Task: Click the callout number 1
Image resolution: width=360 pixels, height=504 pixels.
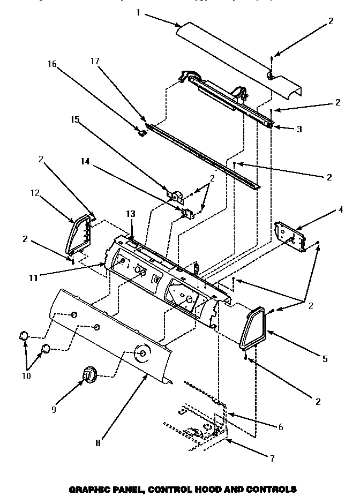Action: (x=138, y=12)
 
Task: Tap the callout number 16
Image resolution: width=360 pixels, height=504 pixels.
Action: (x=52, y=64)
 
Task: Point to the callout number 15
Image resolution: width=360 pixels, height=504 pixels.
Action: (x=74, y=120)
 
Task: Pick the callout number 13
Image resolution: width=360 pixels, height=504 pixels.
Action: (x=130, y=214)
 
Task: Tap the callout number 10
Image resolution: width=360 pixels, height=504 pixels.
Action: (x=26, y=375)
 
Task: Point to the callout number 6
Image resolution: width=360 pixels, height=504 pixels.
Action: (x=281, y=427)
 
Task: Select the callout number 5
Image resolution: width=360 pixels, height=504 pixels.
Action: (x=325, y=359)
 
